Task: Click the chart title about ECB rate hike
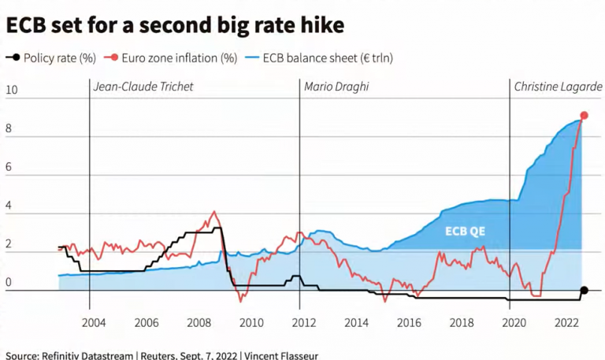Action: pyautogui.click(x=175, y=25)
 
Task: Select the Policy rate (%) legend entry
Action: pyautogui.click(x=55, y=58)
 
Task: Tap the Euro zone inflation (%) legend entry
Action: pyautogui.click(x=178, y=58)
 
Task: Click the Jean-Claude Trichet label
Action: pyautogui.click(x=143, y=87)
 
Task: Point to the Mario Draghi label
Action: pyautogui.click(x=336, y=87)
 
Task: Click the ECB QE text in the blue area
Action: pyautogui.click(x=465, y=232)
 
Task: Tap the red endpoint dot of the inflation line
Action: pyautogui.click(x=584, y=116)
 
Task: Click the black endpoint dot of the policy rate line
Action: pyautogui.click(x=584, y=291)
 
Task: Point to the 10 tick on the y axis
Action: pyautogui.click(x=11, y=91)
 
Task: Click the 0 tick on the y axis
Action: pyautogui.click(x=9, y=283)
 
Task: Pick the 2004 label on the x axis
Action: pyautogui.click(x=93, y=322)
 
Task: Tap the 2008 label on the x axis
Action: pyautogui.click(x=199, y=322)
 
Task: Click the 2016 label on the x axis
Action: pyautogui.click(x=408, y=322)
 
